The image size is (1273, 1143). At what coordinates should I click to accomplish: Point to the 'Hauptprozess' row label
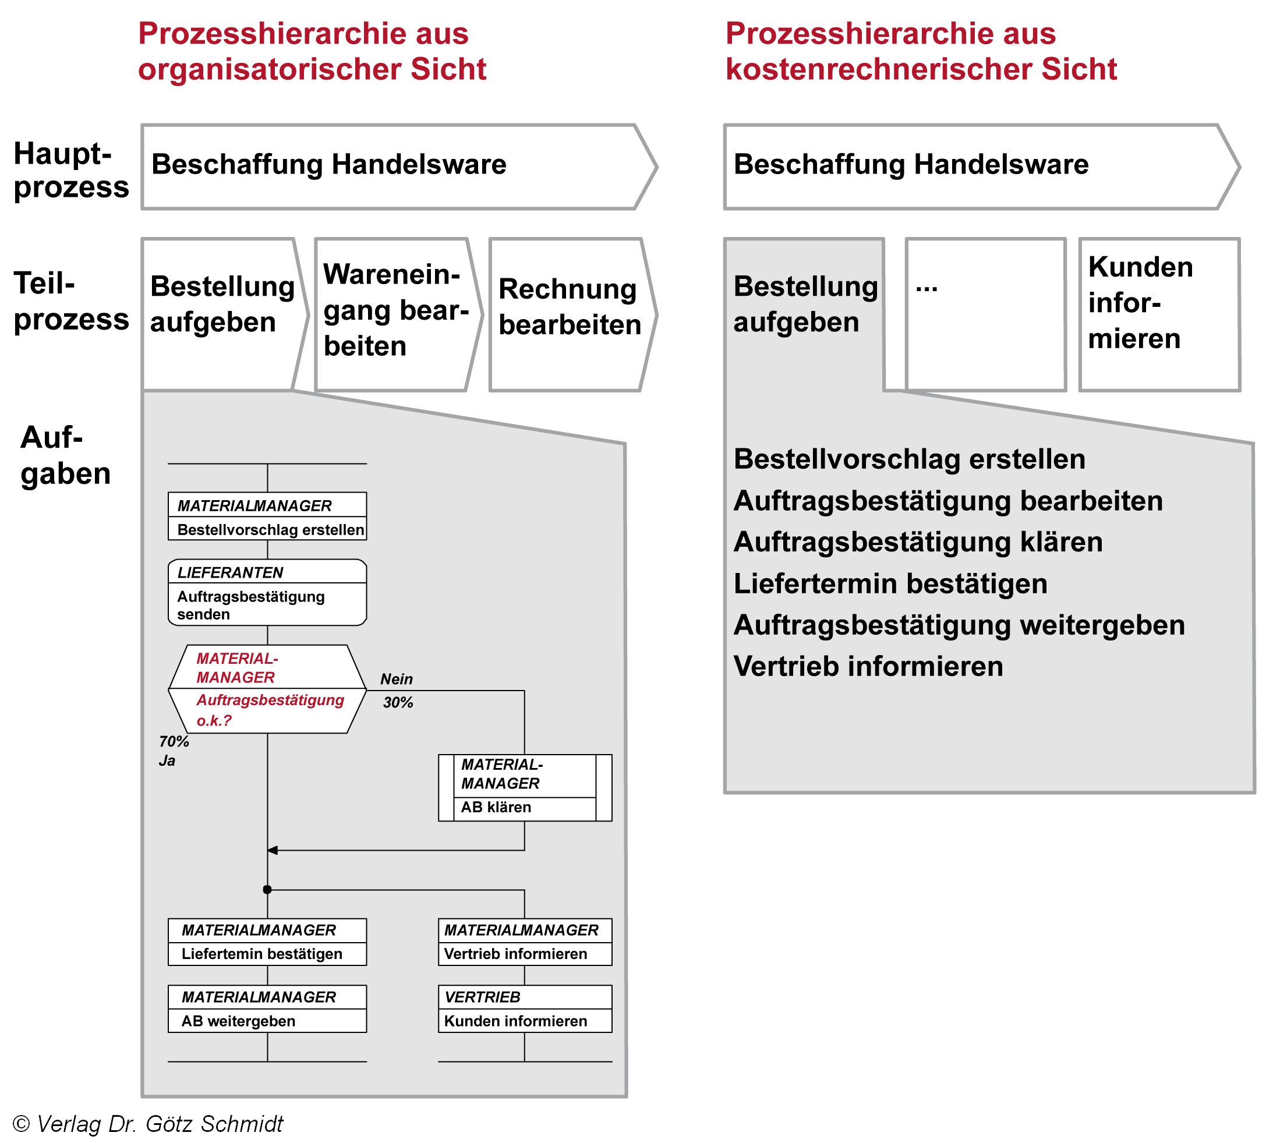[71, 169]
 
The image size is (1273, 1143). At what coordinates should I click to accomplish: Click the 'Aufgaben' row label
[65, 455]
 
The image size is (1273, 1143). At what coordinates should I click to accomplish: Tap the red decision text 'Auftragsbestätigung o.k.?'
[270, 710]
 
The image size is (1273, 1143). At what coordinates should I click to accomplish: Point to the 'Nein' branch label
[396, 679]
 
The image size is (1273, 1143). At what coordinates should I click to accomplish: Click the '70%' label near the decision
[174, 742]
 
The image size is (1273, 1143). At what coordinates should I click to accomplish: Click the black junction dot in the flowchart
[267, 889]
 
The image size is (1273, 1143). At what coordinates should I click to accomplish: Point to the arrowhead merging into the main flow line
[273, 850]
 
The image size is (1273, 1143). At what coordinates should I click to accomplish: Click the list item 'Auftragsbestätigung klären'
[918, 542]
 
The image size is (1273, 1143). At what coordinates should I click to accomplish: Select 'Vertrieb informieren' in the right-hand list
[868, 666]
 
